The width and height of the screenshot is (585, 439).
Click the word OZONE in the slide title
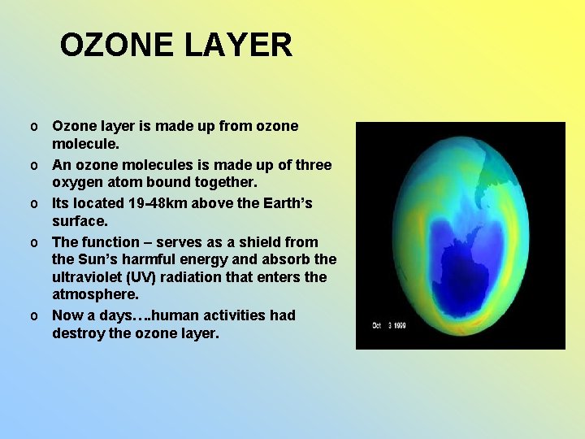pos(117,46)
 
